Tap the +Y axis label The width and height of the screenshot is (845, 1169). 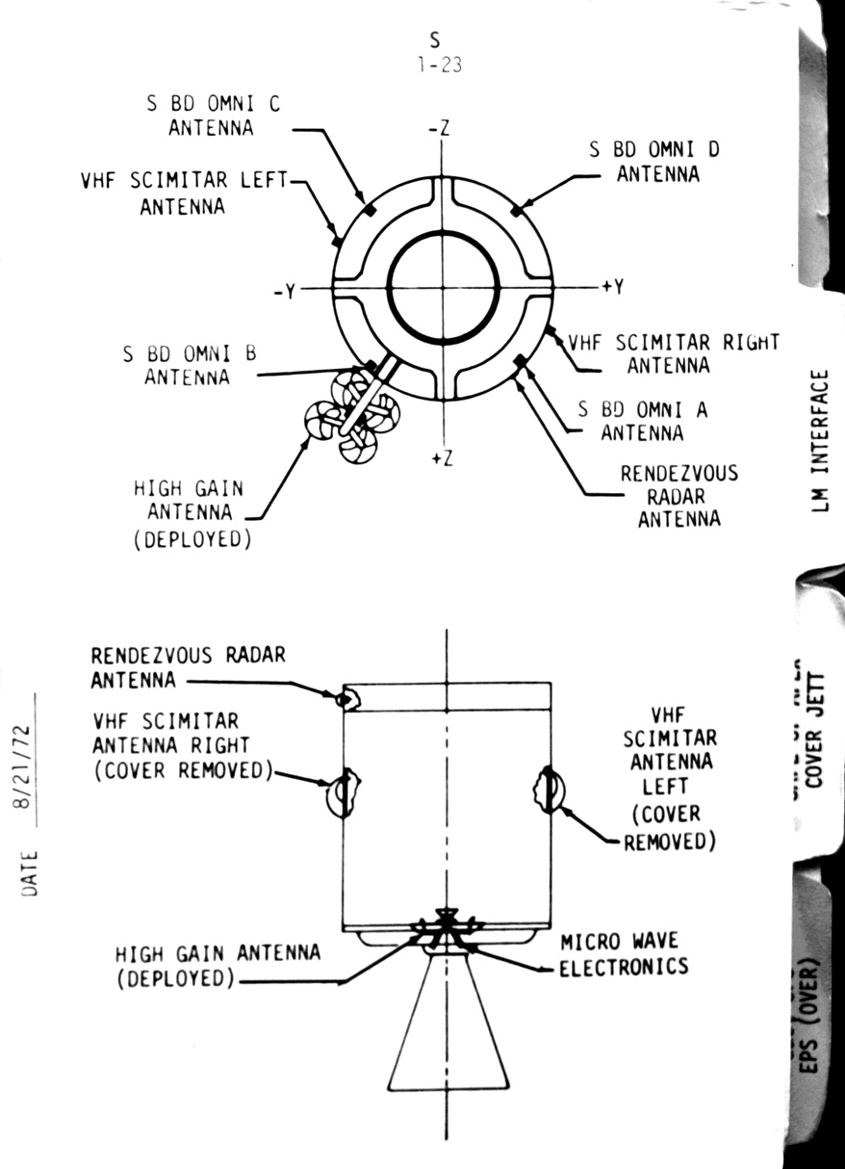(x=613, y=287)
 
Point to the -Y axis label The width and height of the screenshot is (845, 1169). (x=283, y=291)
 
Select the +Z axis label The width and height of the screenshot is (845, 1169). (x=443, y=458)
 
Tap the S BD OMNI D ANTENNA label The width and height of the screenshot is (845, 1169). (x=655, y=162)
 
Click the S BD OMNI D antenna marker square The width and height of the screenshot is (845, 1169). (x=518, y=210)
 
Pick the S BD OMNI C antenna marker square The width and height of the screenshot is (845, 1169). (x=369, y=210)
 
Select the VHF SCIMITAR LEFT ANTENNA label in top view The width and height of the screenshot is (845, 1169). (x=184, y=193)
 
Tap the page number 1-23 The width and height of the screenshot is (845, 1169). (x=436, y=66)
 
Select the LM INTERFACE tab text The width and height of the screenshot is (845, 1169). (x=820, y=439)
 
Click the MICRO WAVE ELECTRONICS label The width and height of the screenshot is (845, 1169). (x=624, y=953)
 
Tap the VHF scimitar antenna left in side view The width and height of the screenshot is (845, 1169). (x=546, y=789)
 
